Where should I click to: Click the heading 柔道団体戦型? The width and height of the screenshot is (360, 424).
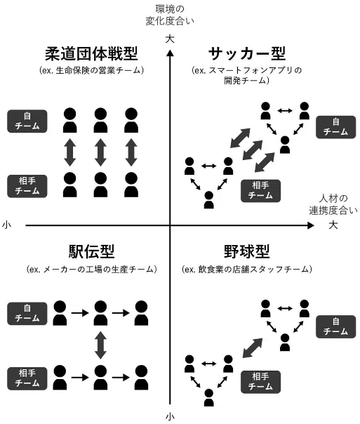tap(91, 54)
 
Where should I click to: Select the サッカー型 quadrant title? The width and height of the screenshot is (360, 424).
tap(247, 54)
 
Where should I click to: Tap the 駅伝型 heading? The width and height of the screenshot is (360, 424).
tap(91, 251)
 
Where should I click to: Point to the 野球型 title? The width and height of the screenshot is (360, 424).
tap(247, 251)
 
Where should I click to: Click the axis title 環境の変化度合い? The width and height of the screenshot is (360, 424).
tap(170, 15)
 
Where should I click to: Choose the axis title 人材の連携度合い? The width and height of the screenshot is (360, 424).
tap(333, 204)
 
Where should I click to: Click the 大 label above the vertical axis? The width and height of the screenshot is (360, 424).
tap(170, 39)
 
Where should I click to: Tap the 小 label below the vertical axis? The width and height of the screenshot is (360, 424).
tap(170, 417)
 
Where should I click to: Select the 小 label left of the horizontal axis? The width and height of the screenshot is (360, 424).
tap(6, 225)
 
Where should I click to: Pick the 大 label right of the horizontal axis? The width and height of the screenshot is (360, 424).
tap(333, 225)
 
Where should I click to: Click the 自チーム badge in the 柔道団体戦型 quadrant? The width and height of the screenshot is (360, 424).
tap(27, 121)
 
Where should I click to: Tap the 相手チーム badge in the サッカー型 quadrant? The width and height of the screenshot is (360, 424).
tap(260, 191)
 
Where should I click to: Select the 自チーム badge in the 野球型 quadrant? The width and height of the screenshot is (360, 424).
tap(335, 326)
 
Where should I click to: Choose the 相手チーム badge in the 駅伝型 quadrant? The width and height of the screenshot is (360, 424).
tap(27, 378)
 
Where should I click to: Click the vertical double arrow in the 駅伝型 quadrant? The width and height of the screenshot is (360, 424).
tap(100, 345)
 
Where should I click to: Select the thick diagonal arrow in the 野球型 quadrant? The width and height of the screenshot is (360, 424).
tap(253, 348)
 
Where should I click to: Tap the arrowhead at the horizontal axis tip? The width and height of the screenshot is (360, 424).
tap(311, 225)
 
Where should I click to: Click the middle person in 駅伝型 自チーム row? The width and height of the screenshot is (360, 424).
tap(100, 313)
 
